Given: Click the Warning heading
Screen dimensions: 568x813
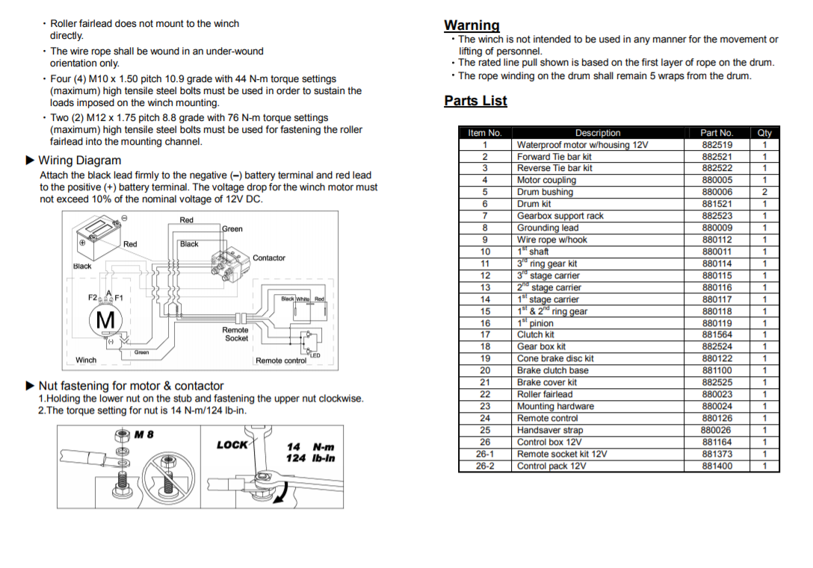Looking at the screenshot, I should (472, 25).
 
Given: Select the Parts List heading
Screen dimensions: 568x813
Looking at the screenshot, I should (475, 101).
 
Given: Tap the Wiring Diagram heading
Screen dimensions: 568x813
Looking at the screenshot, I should (79, 160).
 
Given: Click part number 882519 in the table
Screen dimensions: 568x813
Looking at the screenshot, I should (717, 145).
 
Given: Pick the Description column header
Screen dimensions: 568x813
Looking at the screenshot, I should (597, 133).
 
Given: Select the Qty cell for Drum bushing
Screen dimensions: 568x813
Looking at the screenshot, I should (764, 192).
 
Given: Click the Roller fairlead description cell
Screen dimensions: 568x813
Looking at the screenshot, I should (545, 394).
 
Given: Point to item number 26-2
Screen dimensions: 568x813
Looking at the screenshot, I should (485, 466).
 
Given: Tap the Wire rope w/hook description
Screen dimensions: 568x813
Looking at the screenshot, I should (551, 240).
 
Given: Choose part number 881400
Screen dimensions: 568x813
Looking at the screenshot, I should (717, 466).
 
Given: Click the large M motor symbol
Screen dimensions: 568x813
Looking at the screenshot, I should (106, 319).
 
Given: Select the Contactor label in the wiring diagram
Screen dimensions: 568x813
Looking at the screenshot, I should (269, 258).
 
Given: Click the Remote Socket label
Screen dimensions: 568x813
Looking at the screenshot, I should (235, 334).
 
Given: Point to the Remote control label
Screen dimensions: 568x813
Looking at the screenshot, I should (281, 361).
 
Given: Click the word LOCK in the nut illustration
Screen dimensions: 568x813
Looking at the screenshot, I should (232, 445).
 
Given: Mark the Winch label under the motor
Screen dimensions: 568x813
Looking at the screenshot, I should (86, 360).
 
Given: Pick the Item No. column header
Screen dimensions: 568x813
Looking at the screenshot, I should (485, 133).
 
